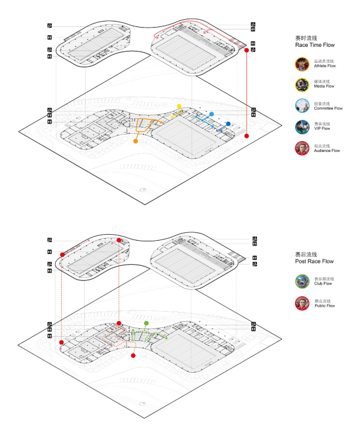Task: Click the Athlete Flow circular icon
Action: pos(302,64)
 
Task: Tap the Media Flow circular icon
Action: pos(302,84)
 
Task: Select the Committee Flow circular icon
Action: pos(302,106)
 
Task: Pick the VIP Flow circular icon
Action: pos(302,127)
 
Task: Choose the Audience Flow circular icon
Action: pos(302,148)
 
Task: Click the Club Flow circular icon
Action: pos(302,282)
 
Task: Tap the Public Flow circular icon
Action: pos(302,303)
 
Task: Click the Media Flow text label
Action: pos(325,86)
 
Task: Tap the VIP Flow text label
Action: pos(323,129)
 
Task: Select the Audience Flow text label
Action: pos(328,151)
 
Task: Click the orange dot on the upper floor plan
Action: pos(136,143)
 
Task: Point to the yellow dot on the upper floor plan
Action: pos(179,106)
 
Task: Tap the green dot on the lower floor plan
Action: pos(146,324)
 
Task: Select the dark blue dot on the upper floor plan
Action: pos(228,124)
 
